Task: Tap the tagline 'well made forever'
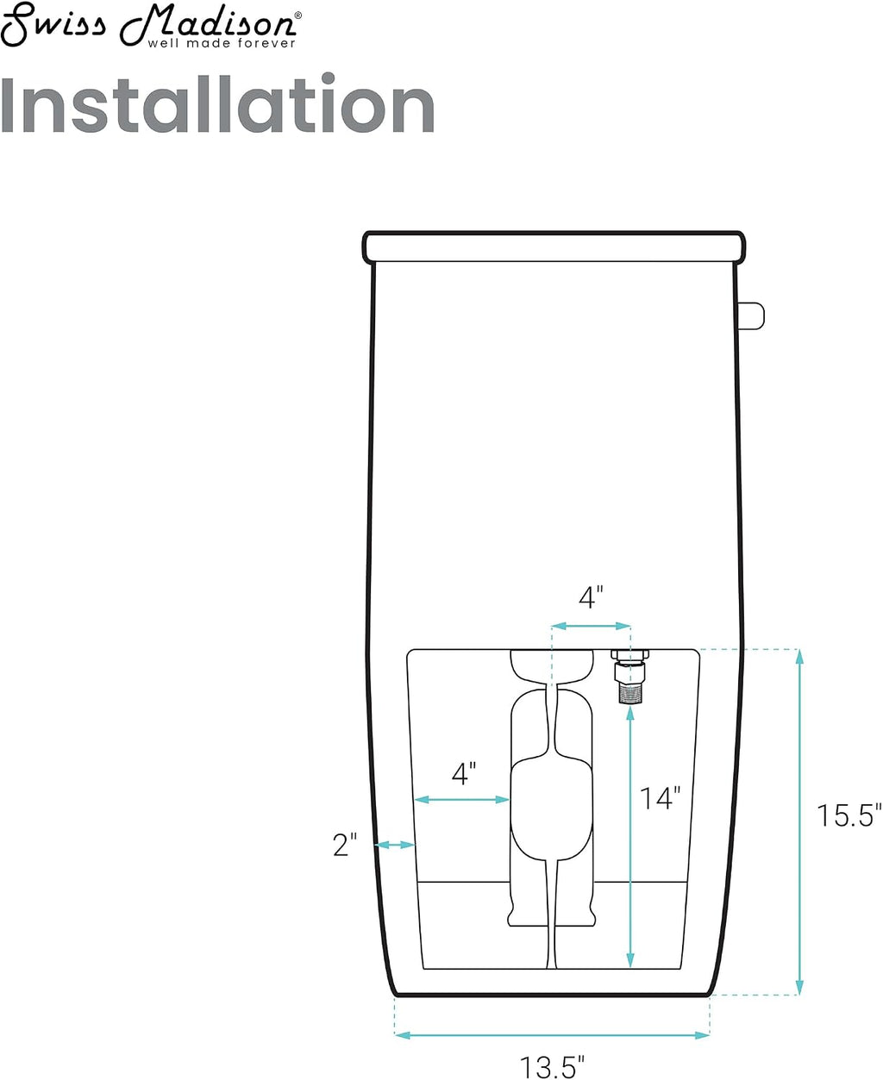tap(222, 44)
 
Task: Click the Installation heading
tap(217, 104)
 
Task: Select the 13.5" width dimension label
tap(552, 1062)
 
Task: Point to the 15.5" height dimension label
tap(849, 815)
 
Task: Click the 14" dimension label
tap(660, 798)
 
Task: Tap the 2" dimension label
tap(344, 845)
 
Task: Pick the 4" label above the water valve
tap(591, 597)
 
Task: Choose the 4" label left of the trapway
tap(464, 773)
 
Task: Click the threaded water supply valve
tap(629, 676)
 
